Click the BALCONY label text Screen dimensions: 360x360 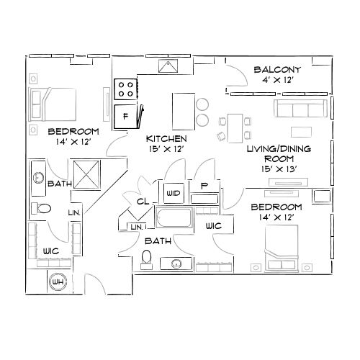point(277,70)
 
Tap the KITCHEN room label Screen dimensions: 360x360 point(166,138)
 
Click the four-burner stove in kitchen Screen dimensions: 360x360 point(126,89)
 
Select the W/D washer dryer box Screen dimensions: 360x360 point(174,194)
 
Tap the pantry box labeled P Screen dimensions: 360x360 point(204,186)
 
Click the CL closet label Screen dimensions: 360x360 point(143,203)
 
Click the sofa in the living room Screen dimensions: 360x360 point(301,109)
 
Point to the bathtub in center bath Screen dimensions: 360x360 point(173,219)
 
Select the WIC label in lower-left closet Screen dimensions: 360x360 point(50,250)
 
